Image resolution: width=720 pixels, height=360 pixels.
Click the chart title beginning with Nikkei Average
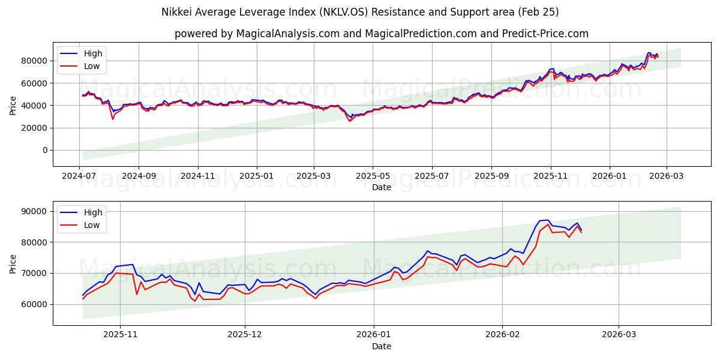(360, 12)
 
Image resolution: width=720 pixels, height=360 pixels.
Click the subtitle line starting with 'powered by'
(382, 34)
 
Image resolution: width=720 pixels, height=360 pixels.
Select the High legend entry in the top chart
(93, 53)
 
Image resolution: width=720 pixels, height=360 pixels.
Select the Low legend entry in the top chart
(92, 67)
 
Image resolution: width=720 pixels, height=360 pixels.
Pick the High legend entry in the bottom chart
(93, 212)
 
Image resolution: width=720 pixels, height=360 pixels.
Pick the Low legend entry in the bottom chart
(92, 225)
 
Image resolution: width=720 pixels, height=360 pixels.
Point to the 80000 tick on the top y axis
(35, 61)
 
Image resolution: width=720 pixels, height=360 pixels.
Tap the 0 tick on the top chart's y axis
(46, 150)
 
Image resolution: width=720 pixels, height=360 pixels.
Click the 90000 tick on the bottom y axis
(35, 211)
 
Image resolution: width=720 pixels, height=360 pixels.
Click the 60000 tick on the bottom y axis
(35, 304)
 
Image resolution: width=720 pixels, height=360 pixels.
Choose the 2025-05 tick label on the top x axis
(373, 176)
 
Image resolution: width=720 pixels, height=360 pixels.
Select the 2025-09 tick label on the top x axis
(491, 176)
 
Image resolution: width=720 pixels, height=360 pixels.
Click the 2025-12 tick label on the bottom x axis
(245, 335)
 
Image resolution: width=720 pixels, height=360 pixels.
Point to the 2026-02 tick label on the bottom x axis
(502, 335)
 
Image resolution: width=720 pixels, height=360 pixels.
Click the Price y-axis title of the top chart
(13, 105)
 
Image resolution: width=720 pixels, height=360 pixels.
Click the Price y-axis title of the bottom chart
(13, 263)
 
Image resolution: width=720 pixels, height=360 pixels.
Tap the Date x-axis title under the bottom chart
(382, 346)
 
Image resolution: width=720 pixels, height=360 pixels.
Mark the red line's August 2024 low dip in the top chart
(112, 119)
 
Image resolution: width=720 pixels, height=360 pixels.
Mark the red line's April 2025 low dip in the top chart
(350, 121)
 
